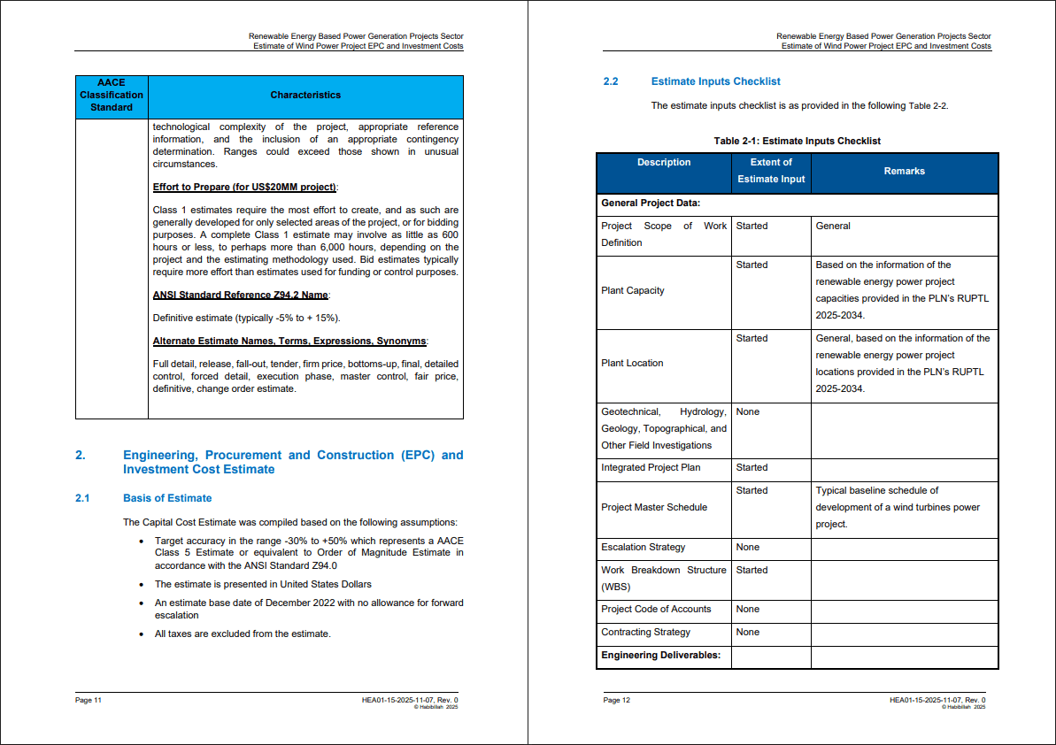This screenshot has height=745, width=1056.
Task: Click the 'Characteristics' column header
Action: coord(305,96)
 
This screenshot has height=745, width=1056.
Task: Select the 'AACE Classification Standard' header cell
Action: coord(112,96)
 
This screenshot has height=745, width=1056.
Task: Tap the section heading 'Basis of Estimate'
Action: coord(167,498)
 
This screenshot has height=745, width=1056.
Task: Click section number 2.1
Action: coord(83,498)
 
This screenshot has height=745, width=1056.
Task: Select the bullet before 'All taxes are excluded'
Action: coord(142,634)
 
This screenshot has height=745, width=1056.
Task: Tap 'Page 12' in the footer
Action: coord(616,700)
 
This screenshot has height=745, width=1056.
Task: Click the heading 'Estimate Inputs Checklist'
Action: coord(715,81)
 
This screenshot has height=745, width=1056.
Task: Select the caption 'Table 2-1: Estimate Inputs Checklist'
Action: coord(797,141)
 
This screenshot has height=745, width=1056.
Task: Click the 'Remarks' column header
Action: coord(904,172)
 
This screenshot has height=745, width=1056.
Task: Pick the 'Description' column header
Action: coord(664,163)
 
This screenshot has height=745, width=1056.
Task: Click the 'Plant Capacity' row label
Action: coord(633,290)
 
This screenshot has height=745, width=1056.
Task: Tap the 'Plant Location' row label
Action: coord(632,363)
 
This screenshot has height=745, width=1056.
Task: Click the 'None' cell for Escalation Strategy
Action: coord(748,547)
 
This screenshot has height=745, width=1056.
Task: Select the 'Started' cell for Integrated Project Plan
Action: coord(752,467)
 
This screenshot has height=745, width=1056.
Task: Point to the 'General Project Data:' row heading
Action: coord(651,204)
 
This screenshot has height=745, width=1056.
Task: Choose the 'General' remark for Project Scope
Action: coord(833,226)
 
